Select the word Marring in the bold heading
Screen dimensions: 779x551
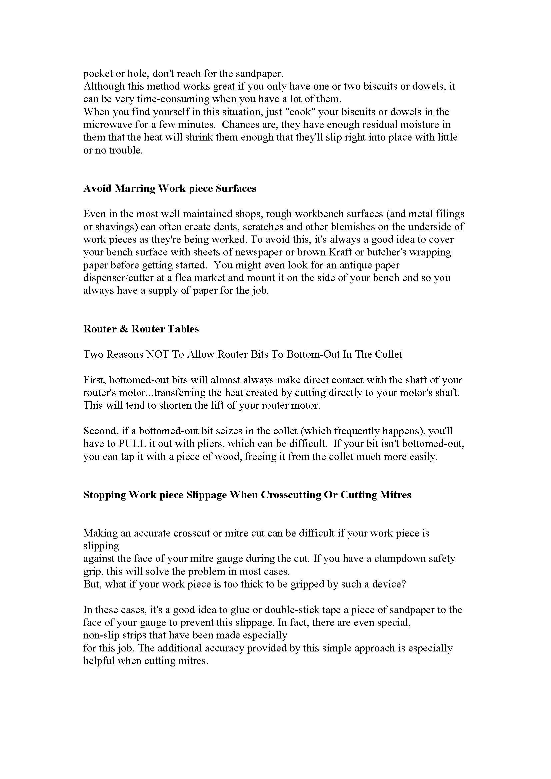tap(134, 188)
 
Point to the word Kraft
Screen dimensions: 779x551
tap(339, 252)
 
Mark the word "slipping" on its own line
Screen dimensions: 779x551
tap(101, 546)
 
